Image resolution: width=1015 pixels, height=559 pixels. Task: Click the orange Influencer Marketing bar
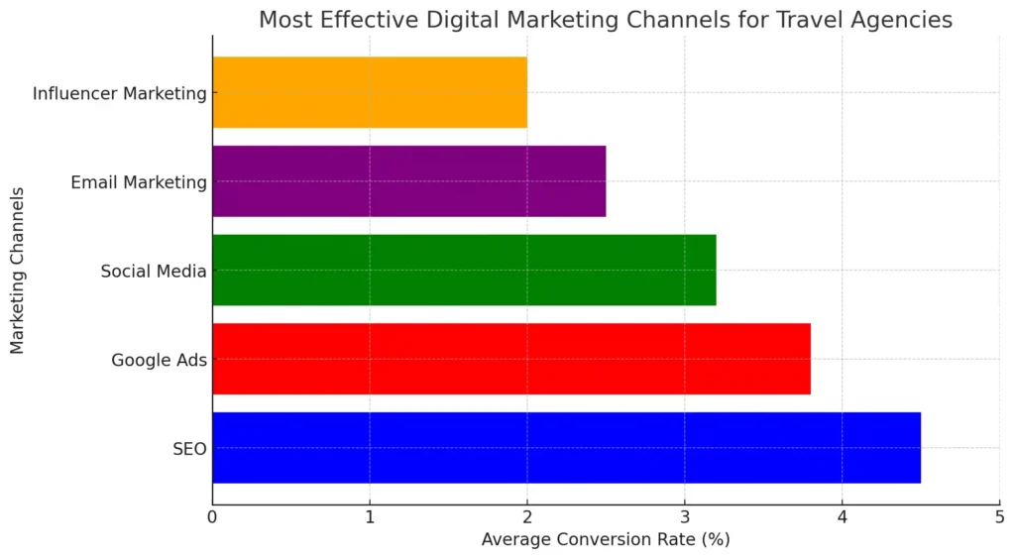[369, 92]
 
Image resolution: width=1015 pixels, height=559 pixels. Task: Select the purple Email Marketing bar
[408, 181]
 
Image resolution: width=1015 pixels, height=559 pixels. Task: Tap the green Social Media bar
[463, 270]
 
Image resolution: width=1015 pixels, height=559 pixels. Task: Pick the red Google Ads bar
[510, 359]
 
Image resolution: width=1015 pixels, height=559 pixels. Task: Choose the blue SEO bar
[565, 447]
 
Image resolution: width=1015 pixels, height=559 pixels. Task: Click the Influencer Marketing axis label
[119, 93]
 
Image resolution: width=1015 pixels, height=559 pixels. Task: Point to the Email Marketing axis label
[139, 182]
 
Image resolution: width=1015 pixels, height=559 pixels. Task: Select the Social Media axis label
[154, 271]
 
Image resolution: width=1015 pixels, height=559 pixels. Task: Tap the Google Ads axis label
[159, 360]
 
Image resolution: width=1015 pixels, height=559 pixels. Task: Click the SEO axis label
[189, 449]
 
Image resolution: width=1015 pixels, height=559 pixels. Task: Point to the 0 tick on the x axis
[212, 517]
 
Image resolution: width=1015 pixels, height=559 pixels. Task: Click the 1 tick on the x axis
[370, 517]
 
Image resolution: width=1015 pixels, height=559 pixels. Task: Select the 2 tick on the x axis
[527, 517]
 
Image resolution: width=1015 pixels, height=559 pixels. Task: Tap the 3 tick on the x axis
[685, 517]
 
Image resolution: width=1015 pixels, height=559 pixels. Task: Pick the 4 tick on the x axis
[843, 517]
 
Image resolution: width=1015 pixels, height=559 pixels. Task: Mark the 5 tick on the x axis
[999, 517]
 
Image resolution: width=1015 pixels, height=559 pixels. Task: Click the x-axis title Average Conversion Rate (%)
[605, 540]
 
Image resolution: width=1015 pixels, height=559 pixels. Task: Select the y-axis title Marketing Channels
[18, 271]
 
